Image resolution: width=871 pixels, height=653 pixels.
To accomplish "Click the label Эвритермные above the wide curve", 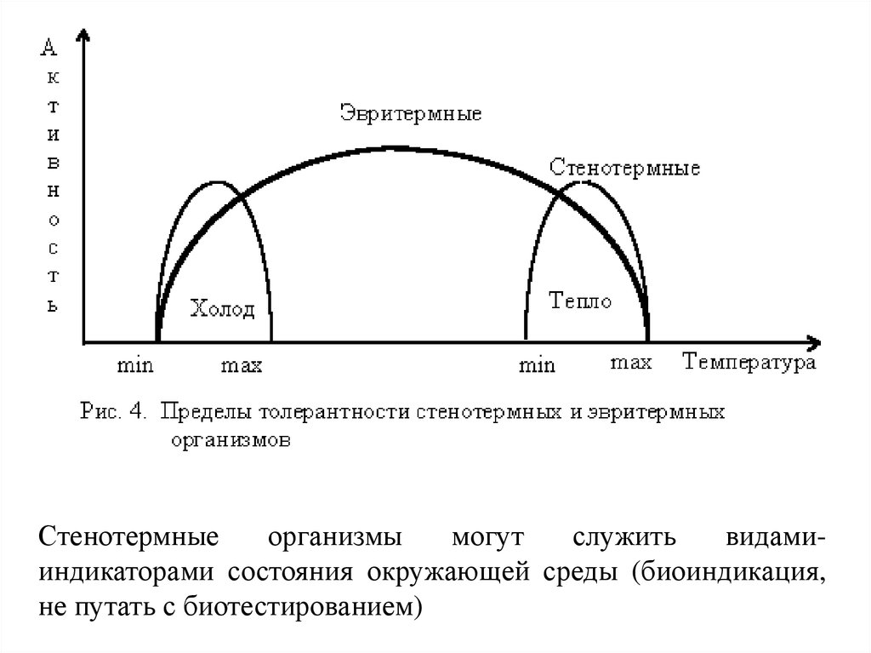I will [x=410, y=113].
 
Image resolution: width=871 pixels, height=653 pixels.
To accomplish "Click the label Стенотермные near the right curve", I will [x=624, y=168].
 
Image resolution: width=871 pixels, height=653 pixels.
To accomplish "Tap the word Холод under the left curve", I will [x=222, y=308].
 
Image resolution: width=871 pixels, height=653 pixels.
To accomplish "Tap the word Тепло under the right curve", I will [x=580, y=301].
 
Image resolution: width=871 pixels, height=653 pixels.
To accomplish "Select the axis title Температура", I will [x=749, y=364].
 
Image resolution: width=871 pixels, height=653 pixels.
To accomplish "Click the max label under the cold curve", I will [x=241, y=366].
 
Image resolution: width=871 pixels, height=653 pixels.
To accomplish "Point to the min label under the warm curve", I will [x=537, y=366].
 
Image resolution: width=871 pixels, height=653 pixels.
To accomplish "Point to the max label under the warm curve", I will [x=631, y=364].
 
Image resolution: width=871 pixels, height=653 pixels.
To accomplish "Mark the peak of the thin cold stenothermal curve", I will [x=219, y=182].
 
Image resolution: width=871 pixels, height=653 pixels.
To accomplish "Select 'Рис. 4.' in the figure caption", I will [x=114, y=412].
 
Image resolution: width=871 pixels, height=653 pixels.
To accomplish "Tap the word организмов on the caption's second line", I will [x=230, y=441].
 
